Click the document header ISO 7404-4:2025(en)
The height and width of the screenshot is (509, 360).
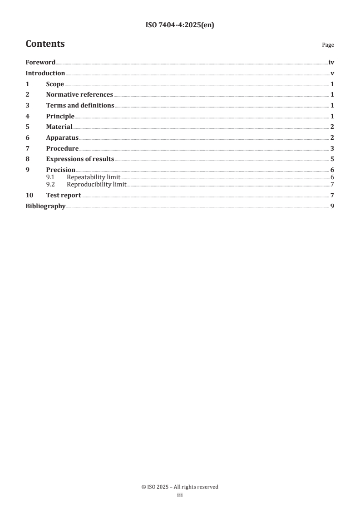click(x=180, y=25)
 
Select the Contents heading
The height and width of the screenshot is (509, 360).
click(x=45, y=44)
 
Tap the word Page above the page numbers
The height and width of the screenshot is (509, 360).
click(x=328, y=45)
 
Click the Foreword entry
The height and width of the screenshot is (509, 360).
click(x=40, y=62)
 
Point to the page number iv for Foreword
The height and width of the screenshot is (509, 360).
click(x=331, y=62)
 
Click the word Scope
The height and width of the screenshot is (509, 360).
click(x=55, y=84)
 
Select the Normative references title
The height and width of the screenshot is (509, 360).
click(x=79, y=95)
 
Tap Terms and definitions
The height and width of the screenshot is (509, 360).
click(x=80, y=105)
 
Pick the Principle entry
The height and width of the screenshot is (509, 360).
click(x=60, y=116)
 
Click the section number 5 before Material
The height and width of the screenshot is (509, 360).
click(x=27, y=127)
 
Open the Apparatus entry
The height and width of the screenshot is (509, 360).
click(x=62, y=137)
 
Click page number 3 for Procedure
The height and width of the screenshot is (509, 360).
click(x=332, y=148)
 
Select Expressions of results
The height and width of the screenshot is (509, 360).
click(x=80, y=159)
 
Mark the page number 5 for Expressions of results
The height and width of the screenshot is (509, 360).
click(x=332, y=159)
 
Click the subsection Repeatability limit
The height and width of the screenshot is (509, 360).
click(x=94, y=177)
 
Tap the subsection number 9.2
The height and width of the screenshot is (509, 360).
click(x=57, y=184)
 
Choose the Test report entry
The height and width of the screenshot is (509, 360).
click(x=64, y=195)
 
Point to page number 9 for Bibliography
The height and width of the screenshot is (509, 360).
click(x=332, y=206)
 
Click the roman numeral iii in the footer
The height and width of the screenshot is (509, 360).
click(x=180, y=496)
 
